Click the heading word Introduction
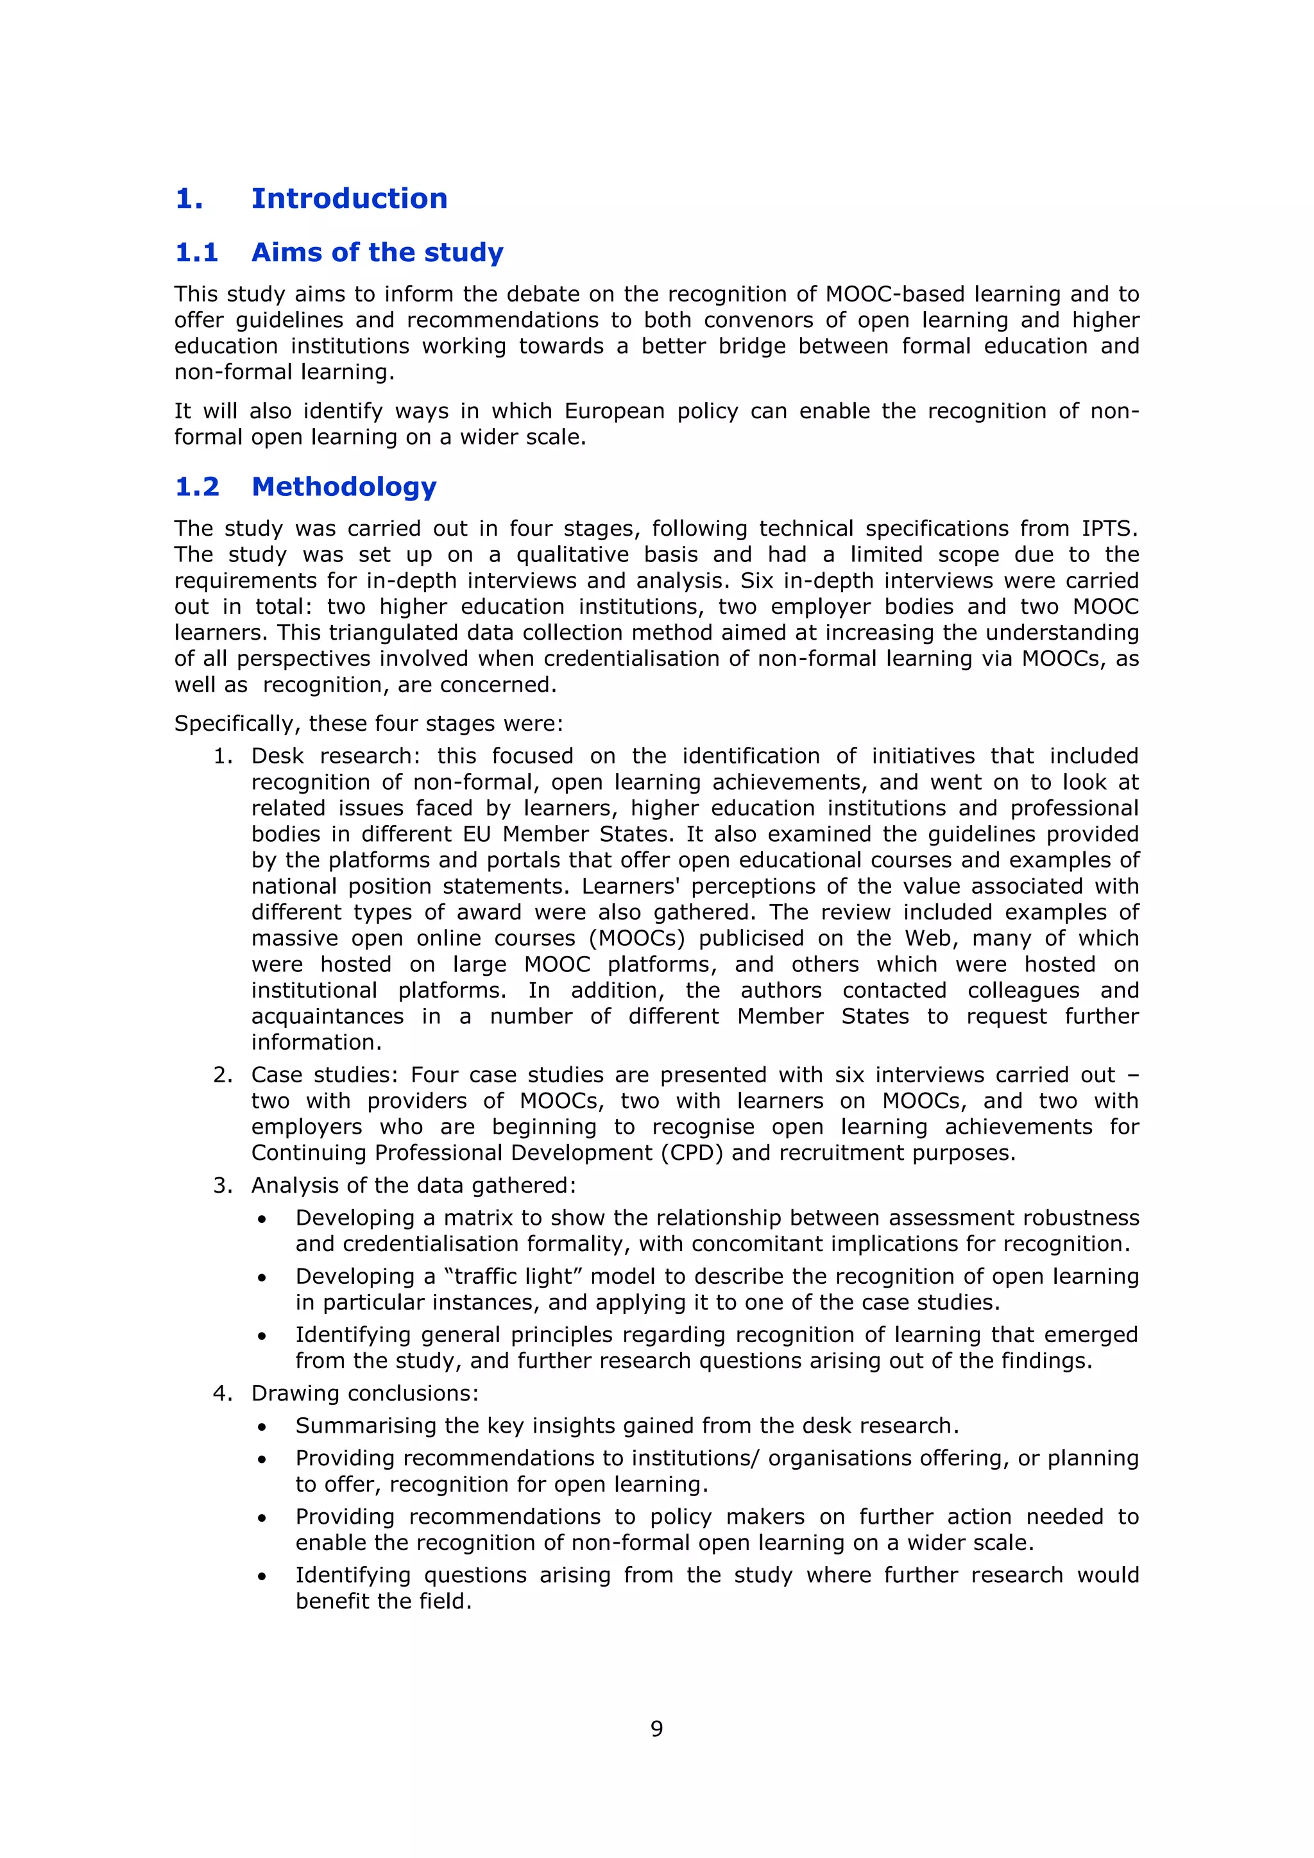pyautogui.click(x=349, y=198)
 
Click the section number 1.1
pyautogui.click(x=196, y=253)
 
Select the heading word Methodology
pyautogui.click(x=344, y=486)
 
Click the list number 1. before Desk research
pyautogui.click(x=223, y=756)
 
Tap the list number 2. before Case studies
pyautogui.click(x=223, y=1075)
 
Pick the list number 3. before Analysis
pyautogui.click(x=223, y=1186)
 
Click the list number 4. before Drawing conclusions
pyautogui.click(x=223, y=1393)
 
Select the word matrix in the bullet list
pyautogui.click(x=479, y=1218)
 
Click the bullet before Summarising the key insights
pyautogui.click(x=261, y=1428)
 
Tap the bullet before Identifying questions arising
pyautogui.click(x=261, y=1577)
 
